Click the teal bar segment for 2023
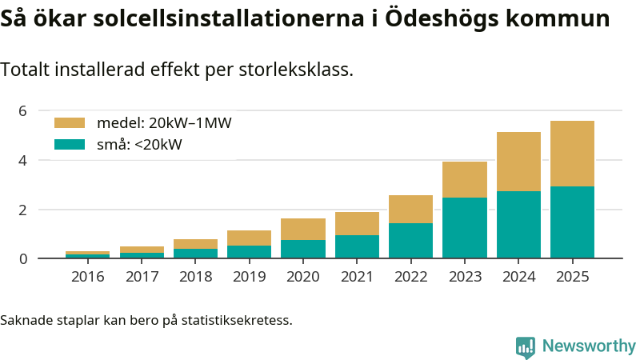[465, 228]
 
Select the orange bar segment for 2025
[572, 154]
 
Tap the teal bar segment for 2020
[303, 249]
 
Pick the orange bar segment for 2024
[518, 162]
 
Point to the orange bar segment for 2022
[410, 209]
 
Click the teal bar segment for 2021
[357, 246]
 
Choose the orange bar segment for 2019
[249, 238]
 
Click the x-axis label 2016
[87, 277]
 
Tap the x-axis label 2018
[195, 277]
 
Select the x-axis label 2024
[518, 277]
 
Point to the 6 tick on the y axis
[23, 110]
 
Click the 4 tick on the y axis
[23, 160]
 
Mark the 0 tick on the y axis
[23, 258]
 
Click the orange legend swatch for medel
[69, 123]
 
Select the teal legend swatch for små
[69, 145]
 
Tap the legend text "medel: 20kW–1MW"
[164, 123]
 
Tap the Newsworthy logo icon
[525, 346]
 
